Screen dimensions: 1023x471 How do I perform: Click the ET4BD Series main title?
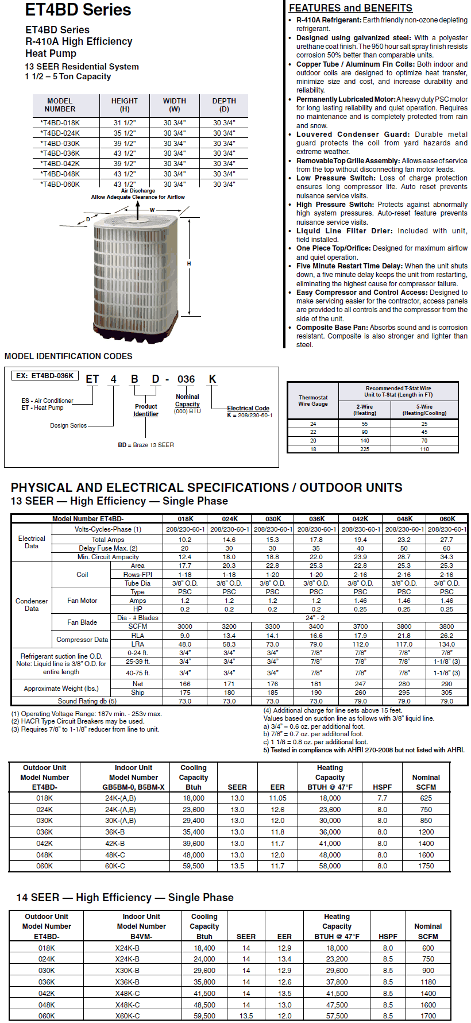pos(78,10)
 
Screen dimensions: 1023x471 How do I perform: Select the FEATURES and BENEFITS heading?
pos(350,8)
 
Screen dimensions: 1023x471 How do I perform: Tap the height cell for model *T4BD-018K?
pos(125,122)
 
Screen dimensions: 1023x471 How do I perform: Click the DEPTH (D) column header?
pos(224,105)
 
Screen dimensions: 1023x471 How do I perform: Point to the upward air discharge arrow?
pos(137,210)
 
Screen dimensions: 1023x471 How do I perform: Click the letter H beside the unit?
pos(189,264)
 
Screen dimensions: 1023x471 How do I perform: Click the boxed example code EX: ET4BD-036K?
pos(45,376)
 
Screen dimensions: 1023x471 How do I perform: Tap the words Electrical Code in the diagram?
pos(248,408)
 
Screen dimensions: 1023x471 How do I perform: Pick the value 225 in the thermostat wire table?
pos(365,449)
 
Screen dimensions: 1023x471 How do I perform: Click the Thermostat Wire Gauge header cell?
pos(313,401)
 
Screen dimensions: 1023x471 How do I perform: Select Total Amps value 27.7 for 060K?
pos(446,540)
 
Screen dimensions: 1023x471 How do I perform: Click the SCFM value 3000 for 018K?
pos(185,626)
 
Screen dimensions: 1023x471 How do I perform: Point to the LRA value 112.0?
pos(360,644)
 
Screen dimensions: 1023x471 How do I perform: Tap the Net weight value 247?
pos(360,684)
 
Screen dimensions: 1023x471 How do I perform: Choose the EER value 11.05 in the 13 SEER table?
pos(277,798)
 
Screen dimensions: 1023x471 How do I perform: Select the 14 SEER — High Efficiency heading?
pos(125,898)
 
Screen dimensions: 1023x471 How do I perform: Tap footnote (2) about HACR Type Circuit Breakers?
pos(78,721)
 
